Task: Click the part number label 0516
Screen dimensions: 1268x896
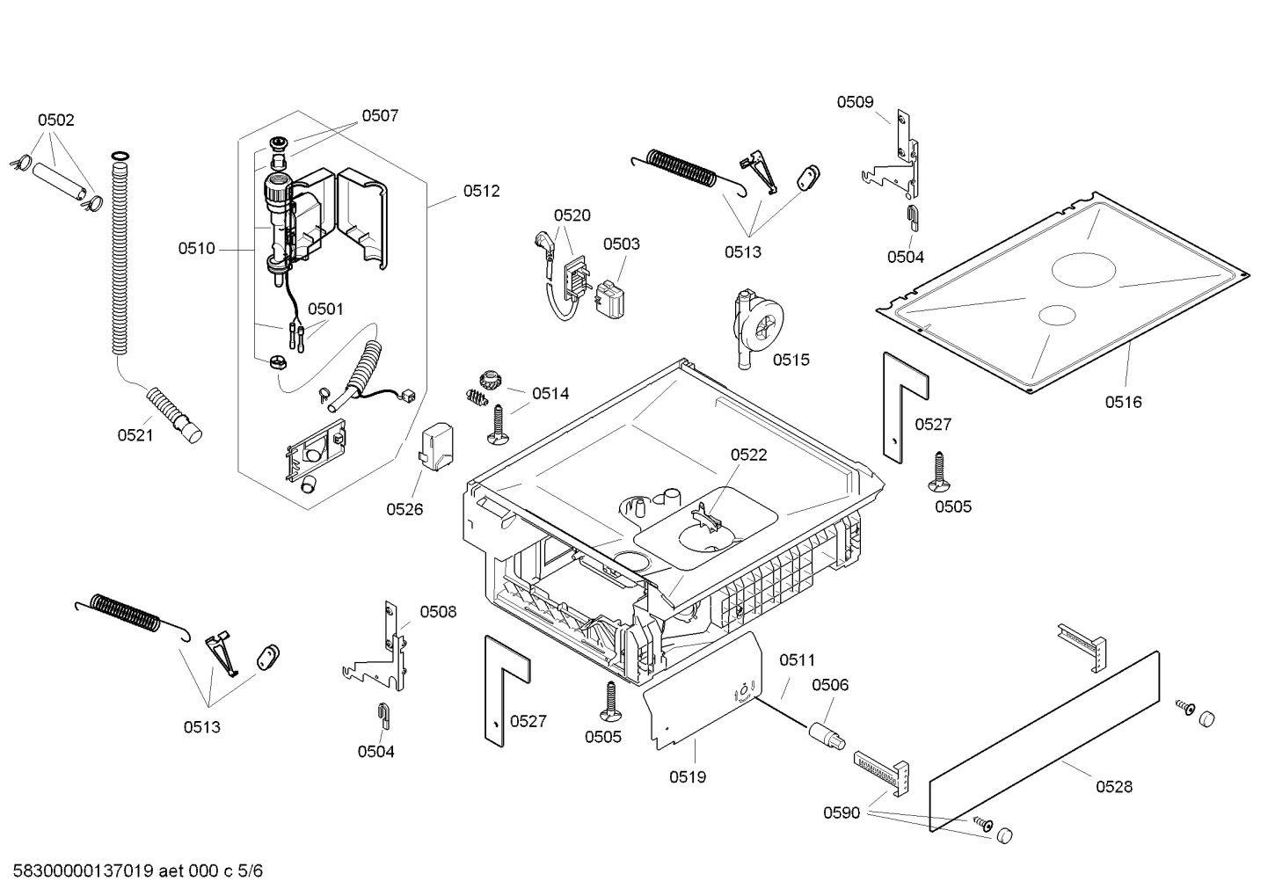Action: (1123, 403)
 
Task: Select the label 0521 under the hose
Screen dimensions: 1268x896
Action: (135, 435)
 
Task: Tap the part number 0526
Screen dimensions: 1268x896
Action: (404, 509)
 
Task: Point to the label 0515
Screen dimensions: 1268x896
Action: (791, 360)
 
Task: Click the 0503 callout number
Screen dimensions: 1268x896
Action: (621, 244)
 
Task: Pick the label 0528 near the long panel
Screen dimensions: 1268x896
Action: (1114, 787)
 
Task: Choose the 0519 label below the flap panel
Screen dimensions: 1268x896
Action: (688, 777)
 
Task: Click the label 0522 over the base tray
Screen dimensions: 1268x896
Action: (748, 455)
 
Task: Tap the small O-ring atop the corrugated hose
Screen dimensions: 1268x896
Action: (120, 156)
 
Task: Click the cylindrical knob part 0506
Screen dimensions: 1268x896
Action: (827, 736)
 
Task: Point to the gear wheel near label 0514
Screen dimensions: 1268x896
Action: (487, 378)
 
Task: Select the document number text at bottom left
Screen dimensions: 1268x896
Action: (137, 871)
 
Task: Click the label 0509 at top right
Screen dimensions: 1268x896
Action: (855, 102)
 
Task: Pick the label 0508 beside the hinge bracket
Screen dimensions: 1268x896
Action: (438, 612)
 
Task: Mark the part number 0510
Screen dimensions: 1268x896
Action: (196, 249)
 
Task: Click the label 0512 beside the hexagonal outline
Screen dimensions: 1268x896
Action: (482, 192)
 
